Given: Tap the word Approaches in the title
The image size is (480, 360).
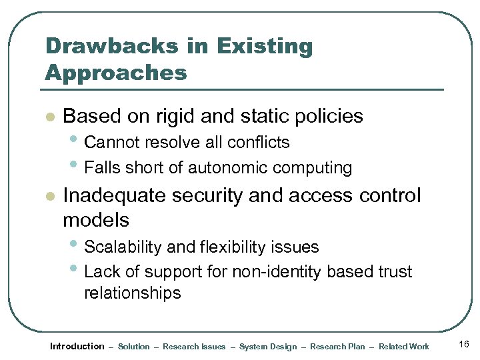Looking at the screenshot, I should click(116, 73).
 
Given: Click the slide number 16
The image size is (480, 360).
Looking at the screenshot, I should click(464, 344).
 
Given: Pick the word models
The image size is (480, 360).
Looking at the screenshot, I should click(95, 219).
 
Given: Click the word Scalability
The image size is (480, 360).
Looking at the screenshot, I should click(123, 247).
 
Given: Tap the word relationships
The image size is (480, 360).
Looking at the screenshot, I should click(132, 293).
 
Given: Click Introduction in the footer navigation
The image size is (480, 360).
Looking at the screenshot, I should click(77, 346).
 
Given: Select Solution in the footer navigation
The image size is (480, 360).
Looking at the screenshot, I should click(133, 347).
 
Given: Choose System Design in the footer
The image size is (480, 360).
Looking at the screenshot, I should click(268, 347).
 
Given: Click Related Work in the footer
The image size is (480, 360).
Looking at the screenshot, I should click(404, 347).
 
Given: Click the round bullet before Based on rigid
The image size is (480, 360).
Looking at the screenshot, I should click(48, 117).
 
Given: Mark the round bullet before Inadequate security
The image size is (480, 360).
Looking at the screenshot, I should click(48, 197).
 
